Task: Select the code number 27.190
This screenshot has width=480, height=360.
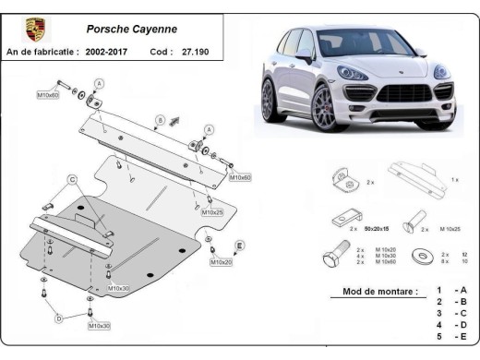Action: (198, 53)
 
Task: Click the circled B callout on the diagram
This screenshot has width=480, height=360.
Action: (160, 120)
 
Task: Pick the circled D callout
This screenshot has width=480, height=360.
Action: (58, 318)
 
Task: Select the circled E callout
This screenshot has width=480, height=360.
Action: (239, 246)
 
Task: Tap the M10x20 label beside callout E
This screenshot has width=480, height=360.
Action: (222, 262)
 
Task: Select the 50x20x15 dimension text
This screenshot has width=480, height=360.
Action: (375, 227)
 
